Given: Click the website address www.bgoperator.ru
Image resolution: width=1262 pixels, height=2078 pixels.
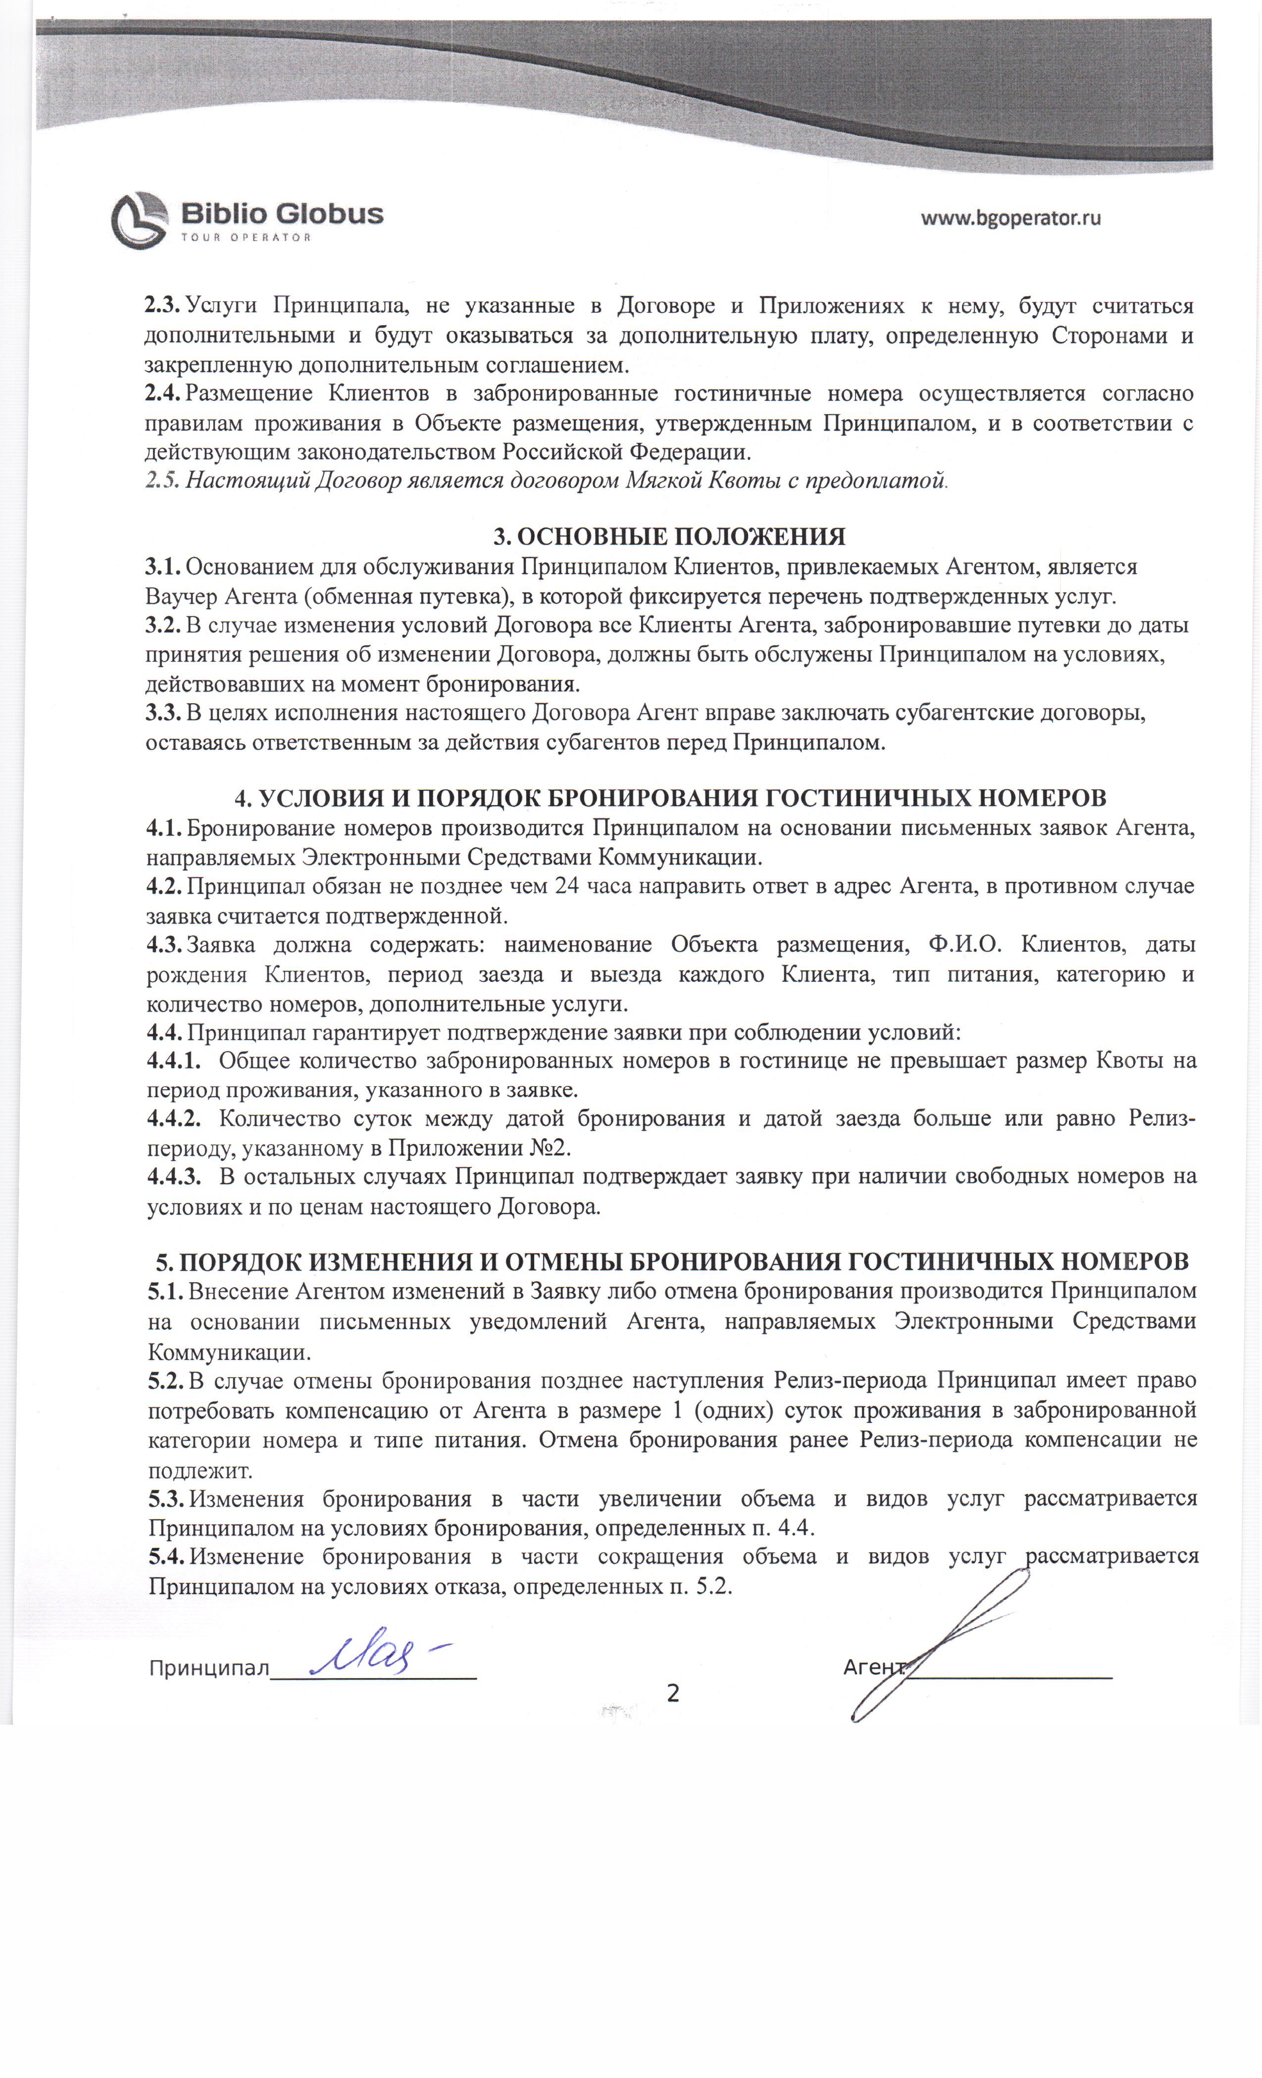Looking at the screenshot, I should point(1010,218).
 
